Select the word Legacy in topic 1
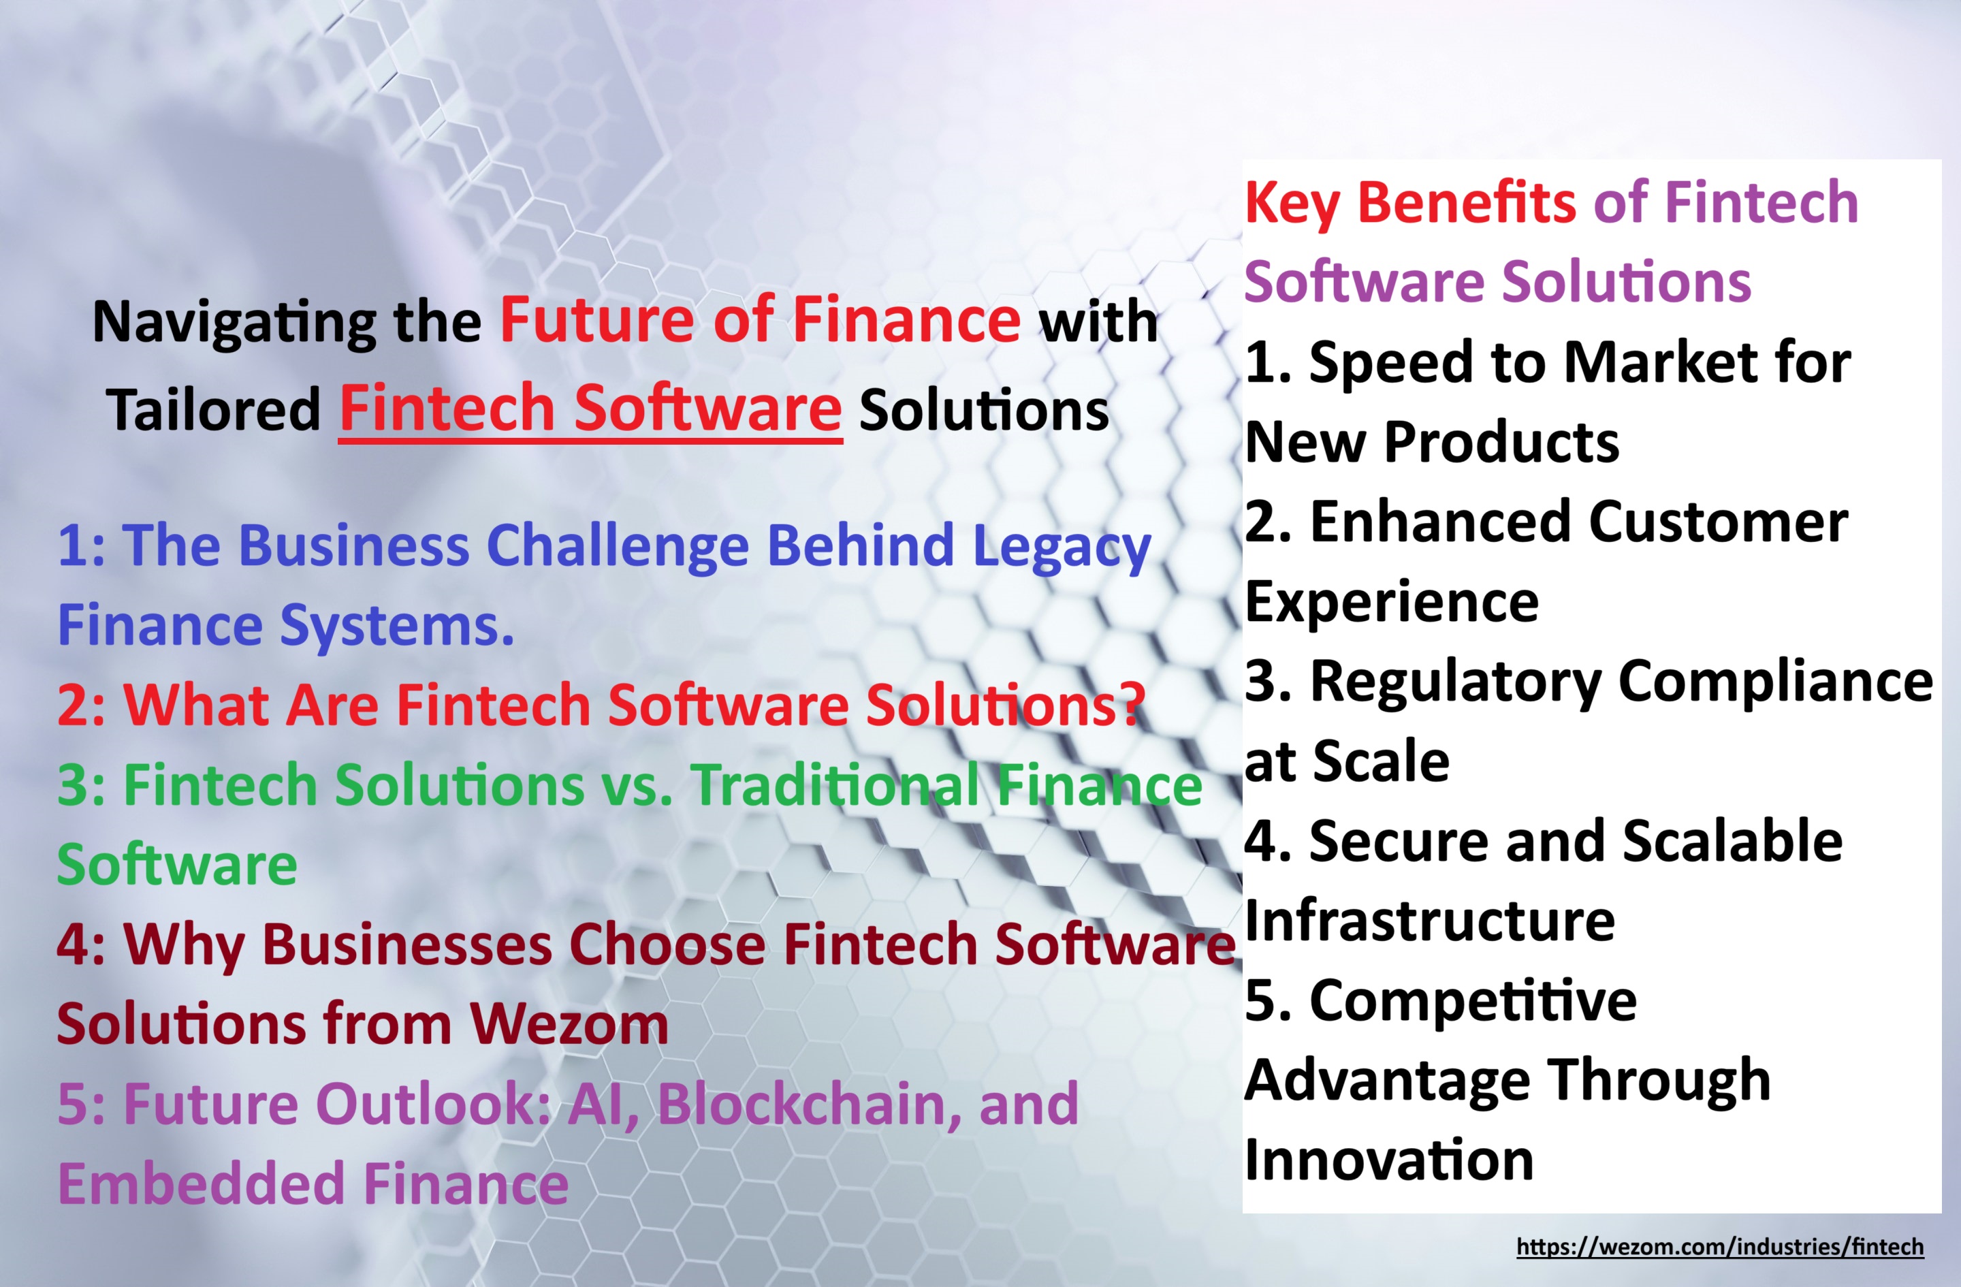click(x=1062, y=549)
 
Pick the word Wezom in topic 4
click(x=569, y=1024)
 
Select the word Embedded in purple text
click(x=201, y=1184)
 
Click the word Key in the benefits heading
click(x=1292, y=204)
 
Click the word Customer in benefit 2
click(x=1718, y=522)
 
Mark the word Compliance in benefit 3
click(x=1775, y=684)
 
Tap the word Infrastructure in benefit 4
click(x=1429, y=921)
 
